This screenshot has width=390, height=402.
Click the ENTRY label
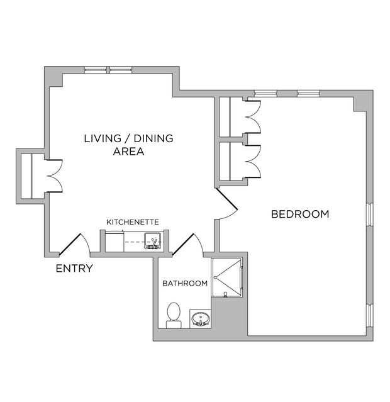pyautogui.click(x=74, y=269)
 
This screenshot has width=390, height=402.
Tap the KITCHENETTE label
pyautogui.click(x=132, y=222)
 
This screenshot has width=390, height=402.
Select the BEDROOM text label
pyautogui.click(x=299, y=214)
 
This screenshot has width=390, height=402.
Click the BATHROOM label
pyautogui.click(x=185, y=283)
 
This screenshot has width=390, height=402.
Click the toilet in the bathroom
pyautogui.click(x=174, y=314)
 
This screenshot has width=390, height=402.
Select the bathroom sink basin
pyautogui.click(x=201, y=318)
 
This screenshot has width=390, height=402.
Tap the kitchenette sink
pyautogui.click(x=152, y=240)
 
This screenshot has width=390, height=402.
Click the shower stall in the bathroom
pyautogui.click(x=228, y=277)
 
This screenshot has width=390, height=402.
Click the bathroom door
pyautogui.click(x=186, y=243)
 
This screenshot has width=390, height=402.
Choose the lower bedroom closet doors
pyautogui.click(x=252, y=161)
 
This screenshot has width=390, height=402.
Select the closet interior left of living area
pyautogui.click(x=26, y=176)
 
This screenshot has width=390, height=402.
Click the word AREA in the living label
pyautogui.click(x=128, y=151)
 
